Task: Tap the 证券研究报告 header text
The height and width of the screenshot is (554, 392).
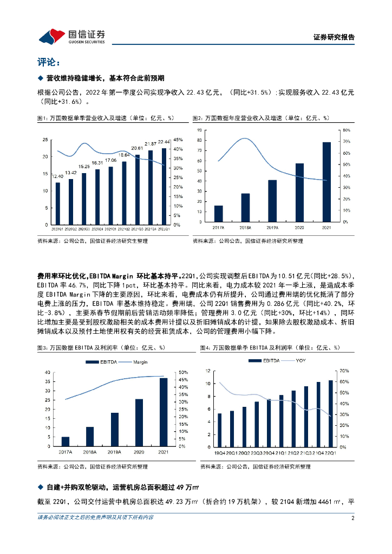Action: [334, 37]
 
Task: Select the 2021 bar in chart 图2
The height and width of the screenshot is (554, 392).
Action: [326, 182]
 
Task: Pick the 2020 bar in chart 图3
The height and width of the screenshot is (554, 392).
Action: [139, 421]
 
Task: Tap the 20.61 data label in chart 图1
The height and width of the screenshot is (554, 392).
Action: [138, 148]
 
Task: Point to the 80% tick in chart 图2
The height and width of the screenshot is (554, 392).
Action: [346, 130]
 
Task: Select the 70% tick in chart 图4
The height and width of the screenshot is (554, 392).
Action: [343, 371]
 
